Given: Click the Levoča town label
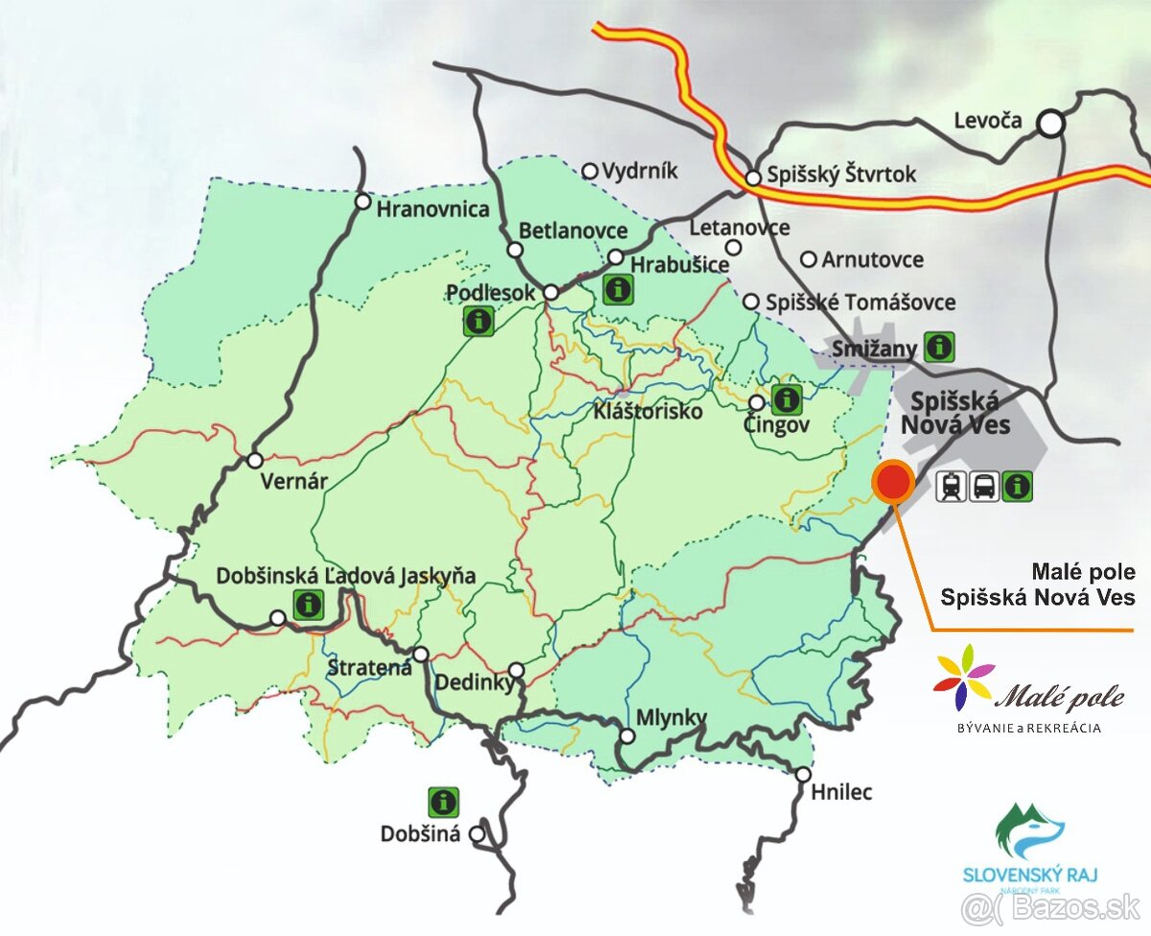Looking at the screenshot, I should (988, 121).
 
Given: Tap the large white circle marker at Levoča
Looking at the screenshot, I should (1052, 123).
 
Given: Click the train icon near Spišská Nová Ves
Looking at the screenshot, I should (951, 487).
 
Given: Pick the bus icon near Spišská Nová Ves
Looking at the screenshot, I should (984, 487).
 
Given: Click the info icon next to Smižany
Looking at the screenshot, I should (938, 346).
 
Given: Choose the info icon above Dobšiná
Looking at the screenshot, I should (442, 802).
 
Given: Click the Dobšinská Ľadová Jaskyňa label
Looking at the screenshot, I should (346, 576).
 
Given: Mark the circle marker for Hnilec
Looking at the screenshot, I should (804, 775).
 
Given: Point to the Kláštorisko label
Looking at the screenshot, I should (647, 411).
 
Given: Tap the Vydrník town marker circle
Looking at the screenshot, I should (591, 171).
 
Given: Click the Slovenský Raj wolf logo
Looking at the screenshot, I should (1030, 831).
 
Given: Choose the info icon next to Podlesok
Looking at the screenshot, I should (478, 321).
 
